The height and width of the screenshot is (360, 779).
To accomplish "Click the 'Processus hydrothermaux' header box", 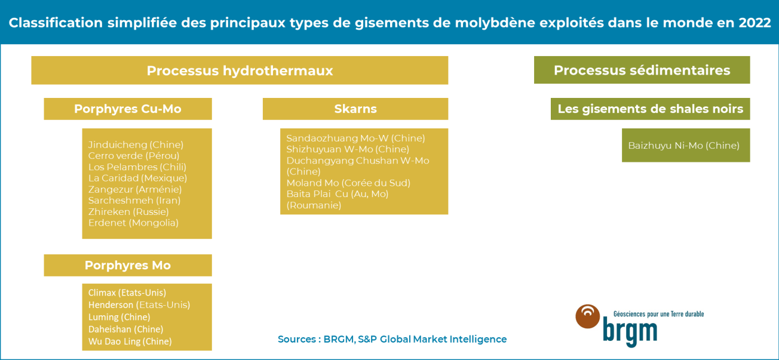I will click(x=240, y=70).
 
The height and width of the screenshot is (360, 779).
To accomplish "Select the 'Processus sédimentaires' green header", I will click(x=642, y=70).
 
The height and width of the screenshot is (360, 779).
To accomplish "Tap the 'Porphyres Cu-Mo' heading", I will click(x=127, y=109).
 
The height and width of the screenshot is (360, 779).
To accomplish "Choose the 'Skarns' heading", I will click(x=355, y=109).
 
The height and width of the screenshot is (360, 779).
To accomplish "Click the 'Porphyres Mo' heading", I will click(x=127, y=265).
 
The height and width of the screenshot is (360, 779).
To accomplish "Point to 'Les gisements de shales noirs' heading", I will click(x=650, y=109).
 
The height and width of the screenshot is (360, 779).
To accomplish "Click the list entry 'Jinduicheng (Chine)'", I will click(x=136, y=144).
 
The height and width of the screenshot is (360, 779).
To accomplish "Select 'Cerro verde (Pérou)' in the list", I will click(x=134, y=156).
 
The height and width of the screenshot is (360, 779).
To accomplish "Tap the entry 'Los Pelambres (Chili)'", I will click(x=137, y=167).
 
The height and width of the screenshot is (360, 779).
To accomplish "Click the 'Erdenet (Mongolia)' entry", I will click(x=133, y=223).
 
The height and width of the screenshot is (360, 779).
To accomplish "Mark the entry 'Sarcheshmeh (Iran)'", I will click(x=134, y=200).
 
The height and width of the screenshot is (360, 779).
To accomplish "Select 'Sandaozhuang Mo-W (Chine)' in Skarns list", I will click(x=355, y=138).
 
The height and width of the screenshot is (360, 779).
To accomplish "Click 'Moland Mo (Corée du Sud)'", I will click(x=348, y=183).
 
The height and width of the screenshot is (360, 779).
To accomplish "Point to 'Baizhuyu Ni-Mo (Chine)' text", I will click(x=683, y=145).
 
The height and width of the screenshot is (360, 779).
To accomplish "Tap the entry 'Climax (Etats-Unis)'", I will click(x=127, y=293).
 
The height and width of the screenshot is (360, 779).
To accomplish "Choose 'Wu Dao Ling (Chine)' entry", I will click(x=130, y=341).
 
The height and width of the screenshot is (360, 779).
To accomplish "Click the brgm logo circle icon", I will click(x=588, y=316).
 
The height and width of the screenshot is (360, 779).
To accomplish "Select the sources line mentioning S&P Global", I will click(x=392, y=339).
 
